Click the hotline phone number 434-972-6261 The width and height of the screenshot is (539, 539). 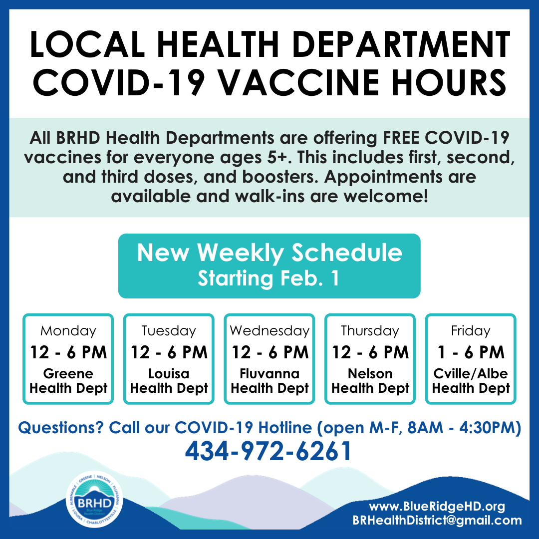(x=269, y=451)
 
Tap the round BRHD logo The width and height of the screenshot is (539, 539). (x=94, y=499)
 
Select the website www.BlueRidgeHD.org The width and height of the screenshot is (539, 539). (x=437, y=506)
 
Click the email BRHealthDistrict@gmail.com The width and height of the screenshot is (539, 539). (x=437, y=520)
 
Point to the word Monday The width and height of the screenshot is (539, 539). (x=68, y=331)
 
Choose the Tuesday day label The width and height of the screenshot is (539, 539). (x=169, y=331)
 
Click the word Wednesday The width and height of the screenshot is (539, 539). (x=269, y=331)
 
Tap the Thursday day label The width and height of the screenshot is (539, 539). (x=370, y=331)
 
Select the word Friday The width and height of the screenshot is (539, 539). (x=471, y=331)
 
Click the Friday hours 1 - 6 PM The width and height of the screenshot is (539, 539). (x=471, y=352)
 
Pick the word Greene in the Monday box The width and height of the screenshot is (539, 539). (x=68, y=373)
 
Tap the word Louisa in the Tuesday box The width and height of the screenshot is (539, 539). (x=169, y=373)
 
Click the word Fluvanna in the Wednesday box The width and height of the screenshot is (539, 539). (x=269, y=373)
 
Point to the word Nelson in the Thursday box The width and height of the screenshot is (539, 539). (x=370, y=373)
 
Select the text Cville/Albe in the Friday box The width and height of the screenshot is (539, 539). (x=471, y=373)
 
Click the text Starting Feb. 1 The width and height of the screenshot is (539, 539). (x=269, y=278)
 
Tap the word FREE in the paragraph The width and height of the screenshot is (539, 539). (x=401, y=138)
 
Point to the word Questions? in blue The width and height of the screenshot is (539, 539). (x=60, y=428)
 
